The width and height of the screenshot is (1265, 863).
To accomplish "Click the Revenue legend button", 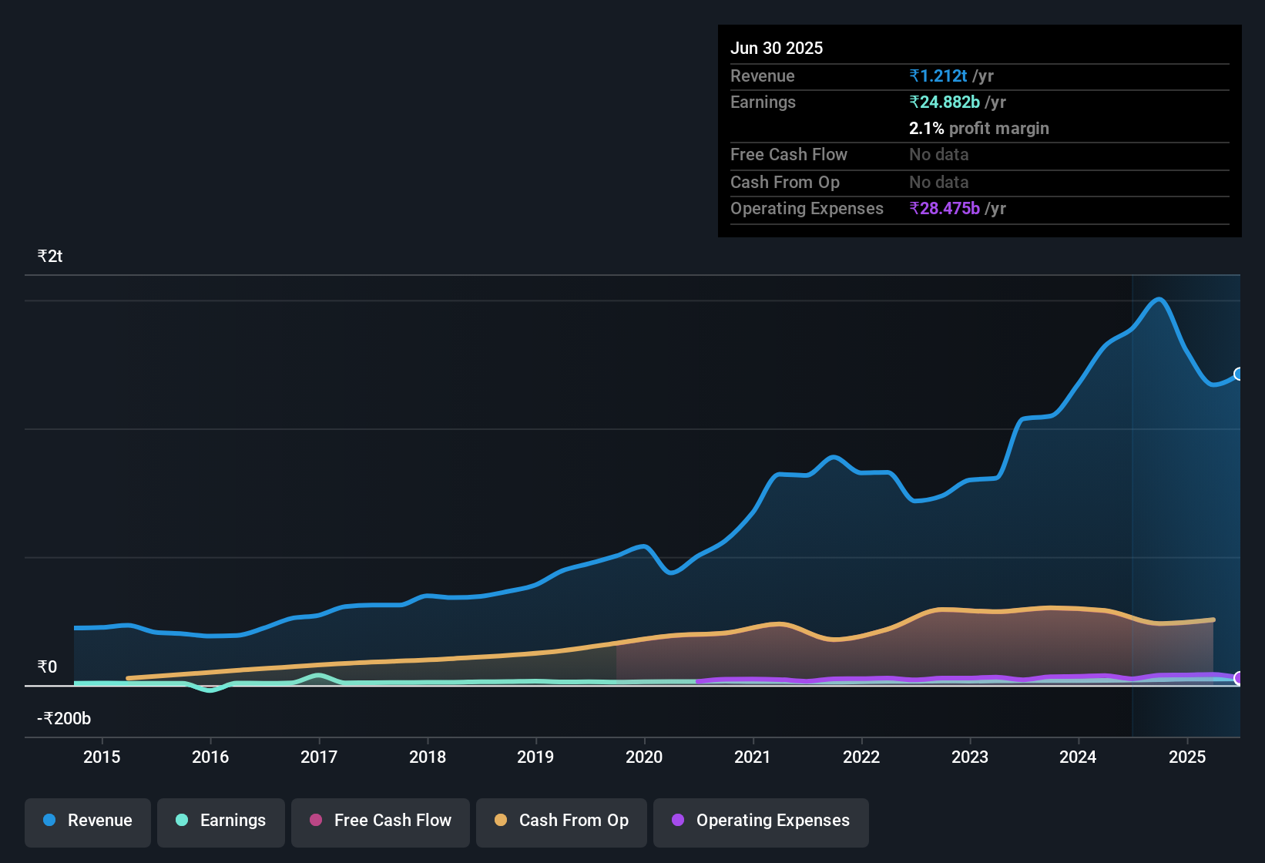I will pyautogui.click(x=88, y=821).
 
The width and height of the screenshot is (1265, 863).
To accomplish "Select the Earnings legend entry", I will pyautogui.click(x=221, y=821).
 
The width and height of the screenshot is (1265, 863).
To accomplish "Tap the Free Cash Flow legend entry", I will pyautogui.click(x=381, y=821).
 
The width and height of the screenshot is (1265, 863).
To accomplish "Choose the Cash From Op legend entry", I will pyautogui.click(x=562, y=821).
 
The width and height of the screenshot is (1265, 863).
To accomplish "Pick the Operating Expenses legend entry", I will pyautogui.click(x=761, y=821).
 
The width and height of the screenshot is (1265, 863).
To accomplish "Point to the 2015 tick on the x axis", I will pyautogui.click(x=102, y=757).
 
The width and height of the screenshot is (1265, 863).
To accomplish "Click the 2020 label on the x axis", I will pyautogui.click(x=644, y=757).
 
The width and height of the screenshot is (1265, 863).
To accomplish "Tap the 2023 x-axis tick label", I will pyautogui.click(x=970, y=757).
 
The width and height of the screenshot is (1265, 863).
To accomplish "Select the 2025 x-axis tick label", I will pyautogui.click(x=1187, y=757).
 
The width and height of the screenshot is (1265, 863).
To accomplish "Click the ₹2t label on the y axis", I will pyautogui.click(x=50, y=257).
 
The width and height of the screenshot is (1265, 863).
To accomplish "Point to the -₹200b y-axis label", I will pyautogui.click(x=64, y=719).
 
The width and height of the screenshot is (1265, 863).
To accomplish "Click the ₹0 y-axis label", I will pyautogui.click(x=48, y=667).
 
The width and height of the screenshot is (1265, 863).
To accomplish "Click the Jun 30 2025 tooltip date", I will pyautogui.click(x=777, y=48).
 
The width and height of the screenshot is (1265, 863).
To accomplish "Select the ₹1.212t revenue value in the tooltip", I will pyautogui.click(x=938, y=76).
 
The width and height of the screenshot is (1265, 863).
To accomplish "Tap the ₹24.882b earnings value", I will pyautogui.click(x=945, y=102).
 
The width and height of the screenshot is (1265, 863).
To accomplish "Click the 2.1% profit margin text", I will pyautogui.click(x=978, y=129).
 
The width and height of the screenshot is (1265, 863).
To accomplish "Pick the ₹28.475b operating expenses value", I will pyautogui.click(x=945, y=209).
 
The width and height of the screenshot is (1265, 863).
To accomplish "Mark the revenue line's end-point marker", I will pyautogui.click(x=1239, y=374).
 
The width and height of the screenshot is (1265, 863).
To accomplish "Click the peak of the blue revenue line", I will pyautogui.click(x=1159, y=299).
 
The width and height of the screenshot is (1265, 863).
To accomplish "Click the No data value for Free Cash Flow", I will pyautogui.click(x=938, y=155).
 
